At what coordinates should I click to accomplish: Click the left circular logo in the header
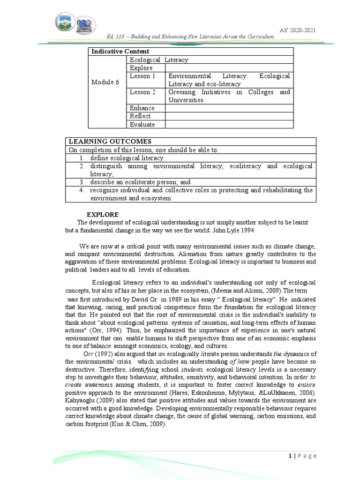coord(66,23)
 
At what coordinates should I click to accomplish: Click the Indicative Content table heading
coord(120,52)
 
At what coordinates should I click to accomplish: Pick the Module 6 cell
coord(103,82)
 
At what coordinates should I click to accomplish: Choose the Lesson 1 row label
coord(143,76)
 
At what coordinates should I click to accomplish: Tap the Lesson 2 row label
coord(143,92)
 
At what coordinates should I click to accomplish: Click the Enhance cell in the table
coord(142,108)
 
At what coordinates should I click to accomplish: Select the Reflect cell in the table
coord(141,116)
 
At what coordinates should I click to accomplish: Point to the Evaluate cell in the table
coord(142,124)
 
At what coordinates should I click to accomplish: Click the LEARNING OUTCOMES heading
coord(110,142)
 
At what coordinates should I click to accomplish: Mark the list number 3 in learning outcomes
coord(82,182)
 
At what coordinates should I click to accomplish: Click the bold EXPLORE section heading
coord(103,214)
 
